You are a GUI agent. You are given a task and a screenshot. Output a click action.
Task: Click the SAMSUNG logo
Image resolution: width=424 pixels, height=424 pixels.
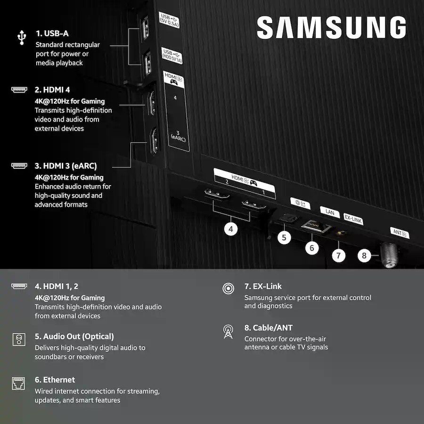(331, 27)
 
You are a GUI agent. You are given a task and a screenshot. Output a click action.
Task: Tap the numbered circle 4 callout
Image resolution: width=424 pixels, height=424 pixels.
(231, 229)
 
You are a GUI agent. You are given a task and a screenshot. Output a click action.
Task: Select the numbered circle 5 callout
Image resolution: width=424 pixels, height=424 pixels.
(284, 237)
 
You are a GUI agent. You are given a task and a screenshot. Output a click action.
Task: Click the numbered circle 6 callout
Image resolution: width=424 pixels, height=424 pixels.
(312, 248)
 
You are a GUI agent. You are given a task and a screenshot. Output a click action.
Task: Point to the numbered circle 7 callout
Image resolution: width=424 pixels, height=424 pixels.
(338, 255)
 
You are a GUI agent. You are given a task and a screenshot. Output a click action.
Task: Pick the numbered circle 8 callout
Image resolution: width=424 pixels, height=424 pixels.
(364, 255)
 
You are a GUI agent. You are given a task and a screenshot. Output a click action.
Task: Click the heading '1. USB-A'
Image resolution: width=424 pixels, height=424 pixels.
(52, 33)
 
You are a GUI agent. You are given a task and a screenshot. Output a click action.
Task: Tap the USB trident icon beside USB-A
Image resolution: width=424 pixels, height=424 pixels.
(22, 37)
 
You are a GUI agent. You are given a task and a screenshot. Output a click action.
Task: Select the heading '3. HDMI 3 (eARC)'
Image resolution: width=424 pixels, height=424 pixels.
(65, 166)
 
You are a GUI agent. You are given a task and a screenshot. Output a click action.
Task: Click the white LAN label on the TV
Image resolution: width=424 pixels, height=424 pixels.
(330, 212)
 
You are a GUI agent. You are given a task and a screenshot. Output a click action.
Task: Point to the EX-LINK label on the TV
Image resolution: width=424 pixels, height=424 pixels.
(353, 219)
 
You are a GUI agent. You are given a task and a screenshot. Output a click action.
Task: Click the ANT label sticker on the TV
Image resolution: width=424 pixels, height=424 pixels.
(400, 233)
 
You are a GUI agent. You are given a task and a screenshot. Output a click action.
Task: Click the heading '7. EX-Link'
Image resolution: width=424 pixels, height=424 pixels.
(263, 286)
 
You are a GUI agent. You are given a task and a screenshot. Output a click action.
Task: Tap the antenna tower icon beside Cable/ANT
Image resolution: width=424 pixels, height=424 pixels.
(228, 332)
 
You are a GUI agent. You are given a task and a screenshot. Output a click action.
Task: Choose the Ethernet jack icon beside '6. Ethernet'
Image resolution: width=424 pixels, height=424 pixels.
(18, 383)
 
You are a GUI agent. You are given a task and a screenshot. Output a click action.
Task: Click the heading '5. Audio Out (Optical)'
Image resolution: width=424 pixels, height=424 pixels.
(74, 336)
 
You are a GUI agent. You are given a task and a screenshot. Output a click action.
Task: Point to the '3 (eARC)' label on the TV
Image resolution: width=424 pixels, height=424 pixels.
(178, 137)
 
